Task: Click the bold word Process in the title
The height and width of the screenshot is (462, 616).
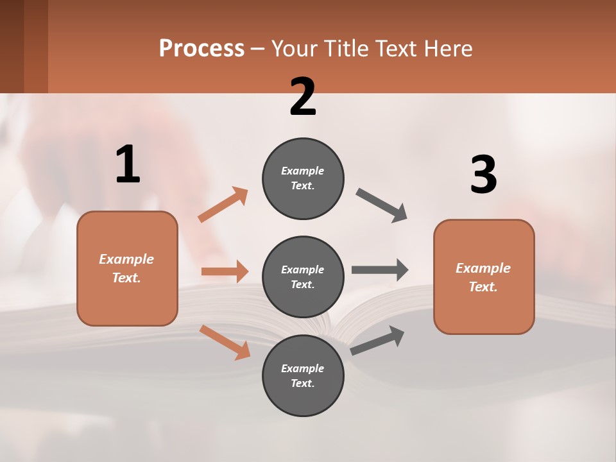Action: pos(201,49)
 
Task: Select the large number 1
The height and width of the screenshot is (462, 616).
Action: pos(128,164)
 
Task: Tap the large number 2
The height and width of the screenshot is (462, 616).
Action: pos(303,96)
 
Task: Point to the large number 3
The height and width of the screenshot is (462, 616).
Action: pos(484,175)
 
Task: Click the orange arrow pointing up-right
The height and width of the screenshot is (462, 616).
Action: pos(223,205)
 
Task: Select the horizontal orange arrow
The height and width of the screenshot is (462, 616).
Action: pos(225,271)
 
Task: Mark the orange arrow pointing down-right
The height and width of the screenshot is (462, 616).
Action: pos(225,342)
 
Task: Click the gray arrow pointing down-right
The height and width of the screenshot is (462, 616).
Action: pos(382,205)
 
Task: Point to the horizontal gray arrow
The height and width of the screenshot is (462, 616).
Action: pos(379,269)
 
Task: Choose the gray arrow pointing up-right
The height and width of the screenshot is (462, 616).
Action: pos(377,340)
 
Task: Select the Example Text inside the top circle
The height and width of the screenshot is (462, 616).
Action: pos(303,178)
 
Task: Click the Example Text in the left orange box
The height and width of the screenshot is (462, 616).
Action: pos(127,268)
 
